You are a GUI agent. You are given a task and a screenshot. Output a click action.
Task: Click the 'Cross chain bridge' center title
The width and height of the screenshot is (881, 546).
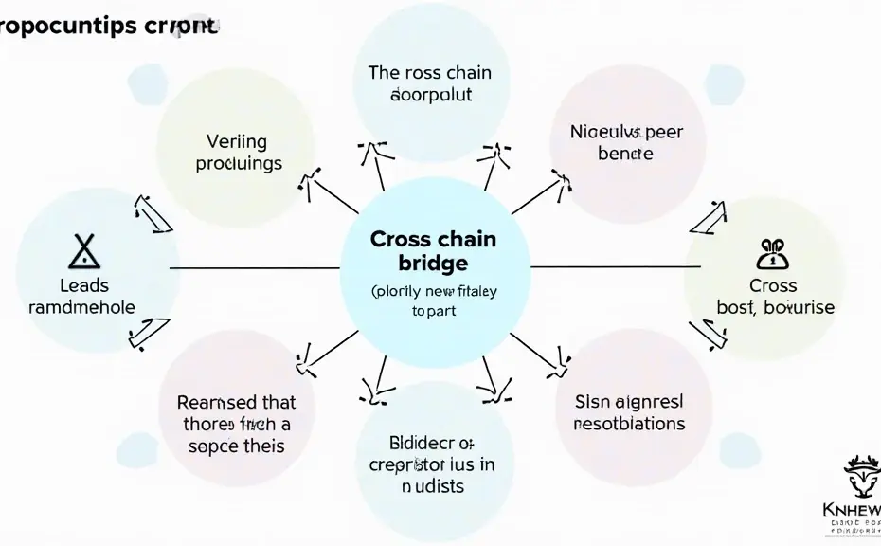pos(433,249)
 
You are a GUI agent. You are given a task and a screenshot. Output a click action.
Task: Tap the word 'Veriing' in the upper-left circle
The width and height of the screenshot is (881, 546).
pos(236,142)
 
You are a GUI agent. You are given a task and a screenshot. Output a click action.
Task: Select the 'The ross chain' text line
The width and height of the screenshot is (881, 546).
pos(431,72)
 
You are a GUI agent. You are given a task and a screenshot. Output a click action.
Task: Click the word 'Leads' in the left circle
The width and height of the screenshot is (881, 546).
pos(83,285)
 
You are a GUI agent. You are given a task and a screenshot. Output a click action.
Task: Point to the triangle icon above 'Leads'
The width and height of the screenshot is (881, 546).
pos(83,251)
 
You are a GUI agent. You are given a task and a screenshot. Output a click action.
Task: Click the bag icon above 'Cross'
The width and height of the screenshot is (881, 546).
pos(773,253)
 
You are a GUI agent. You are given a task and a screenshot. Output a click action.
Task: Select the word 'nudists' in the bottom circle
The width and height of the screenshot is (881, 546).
pos(431,486)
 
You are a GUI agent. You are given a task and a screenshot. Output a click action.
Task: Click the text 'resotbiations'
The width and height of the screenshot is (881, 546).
pos(629,423)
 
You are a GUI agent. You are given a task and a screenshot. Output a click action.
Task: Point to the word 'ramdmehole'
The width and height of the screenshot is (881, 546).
pos(82,307)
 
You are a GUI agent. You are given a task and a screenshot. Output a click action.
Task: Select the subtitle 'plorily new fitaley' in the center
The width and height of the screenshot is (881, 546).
pos(433,292)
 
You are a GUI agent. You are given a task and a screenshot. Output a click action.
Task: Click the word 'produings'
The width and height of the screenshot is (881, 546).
pos(239,163)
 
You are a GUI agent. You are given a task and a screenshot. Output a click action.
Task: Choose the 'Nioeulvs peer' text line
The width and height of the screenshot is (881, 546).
pos(626,133)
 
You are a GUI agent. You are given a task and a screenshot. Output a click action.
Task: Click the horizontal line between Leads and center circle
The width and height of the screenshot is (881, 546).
pos(253,268)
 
